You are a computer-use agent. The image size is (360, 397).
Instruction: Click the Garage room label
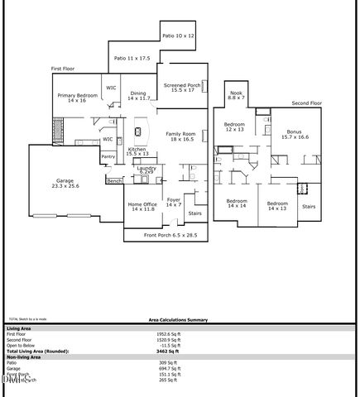[64, 184]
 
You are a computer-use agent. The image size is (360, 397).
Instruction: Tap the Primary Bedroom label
[77, 98]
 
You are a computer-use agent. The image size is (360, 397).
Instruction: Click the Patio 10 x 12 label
[177, 36]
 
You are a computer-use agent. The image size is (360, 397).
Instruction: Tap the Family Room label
[180, 137]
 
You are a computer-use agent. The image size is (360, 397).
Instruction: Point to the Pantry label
[108, 155]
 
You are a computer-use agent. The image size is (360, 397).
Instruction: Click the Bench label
[114, 179]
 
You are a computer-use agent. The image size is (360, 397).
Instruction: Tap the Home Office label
[142, 207]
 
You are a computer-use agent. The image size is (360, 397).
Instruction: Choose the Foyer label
[174, 202]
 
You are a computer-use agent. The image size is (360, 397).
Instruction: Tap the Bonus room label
[294, 134]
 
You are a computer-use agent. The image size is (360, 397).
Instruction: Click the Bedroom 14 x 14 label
[238, 204]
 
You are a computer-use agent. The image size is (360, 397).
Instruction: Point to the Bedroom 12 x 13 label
[234, 127]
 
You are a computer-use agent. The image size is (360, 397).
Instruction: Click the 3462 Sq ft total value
[168, 352]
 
